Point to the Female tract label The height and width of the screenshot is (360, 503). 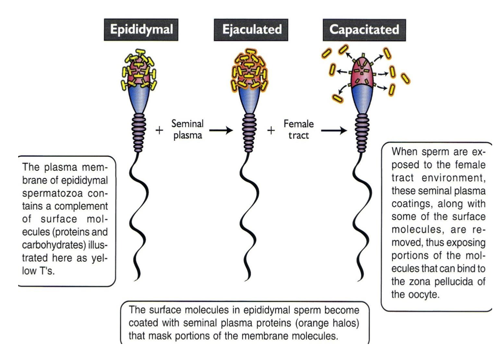[x=295, y=129]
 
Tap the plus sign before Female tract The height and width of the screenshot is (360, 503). [x=269, y=130]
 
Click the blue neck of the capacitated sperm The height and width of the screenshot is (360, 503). [x=365, y=101]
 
